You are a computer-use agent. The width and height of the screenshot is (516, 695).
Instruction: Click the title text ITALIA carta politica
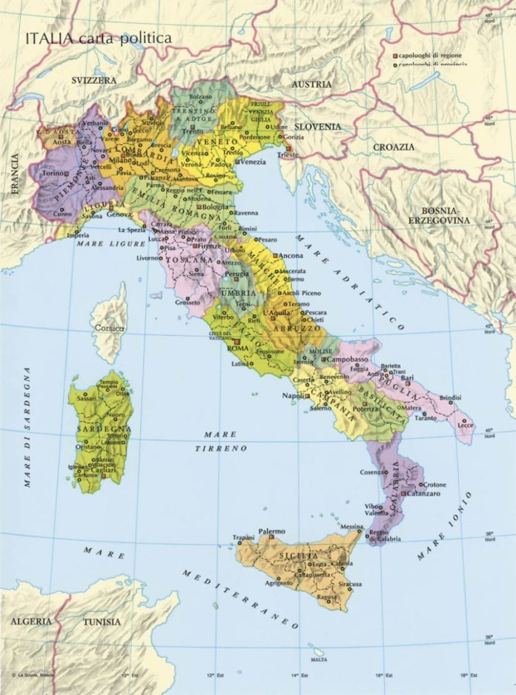[x=99, y=37]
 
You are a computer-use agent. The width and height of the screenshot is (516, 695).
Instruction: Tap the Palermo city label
[x=271, y=531]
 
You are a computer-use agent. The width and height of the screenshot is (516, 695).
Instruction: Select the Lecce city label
[x=466, y=425]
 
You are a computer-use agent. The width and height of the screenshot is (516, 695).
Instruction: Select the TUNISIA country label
[x=102, y=622]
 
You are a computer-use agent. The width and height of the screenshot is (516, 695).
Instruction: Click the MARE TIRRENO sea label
[x=221, y=442]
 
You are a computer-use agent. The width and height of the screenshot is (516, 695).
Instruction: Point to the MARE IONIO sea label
[x=444, y=525]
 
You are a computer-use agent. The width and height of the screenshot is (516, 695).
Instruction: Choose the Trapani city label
[x=243, y=537]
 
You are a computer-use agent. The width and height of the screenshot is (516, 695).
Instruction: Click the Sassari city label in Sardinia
[x=87, y=398]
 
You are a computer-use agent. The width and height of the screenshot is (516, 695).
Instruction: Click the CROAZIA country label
[x=394, y=147]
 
